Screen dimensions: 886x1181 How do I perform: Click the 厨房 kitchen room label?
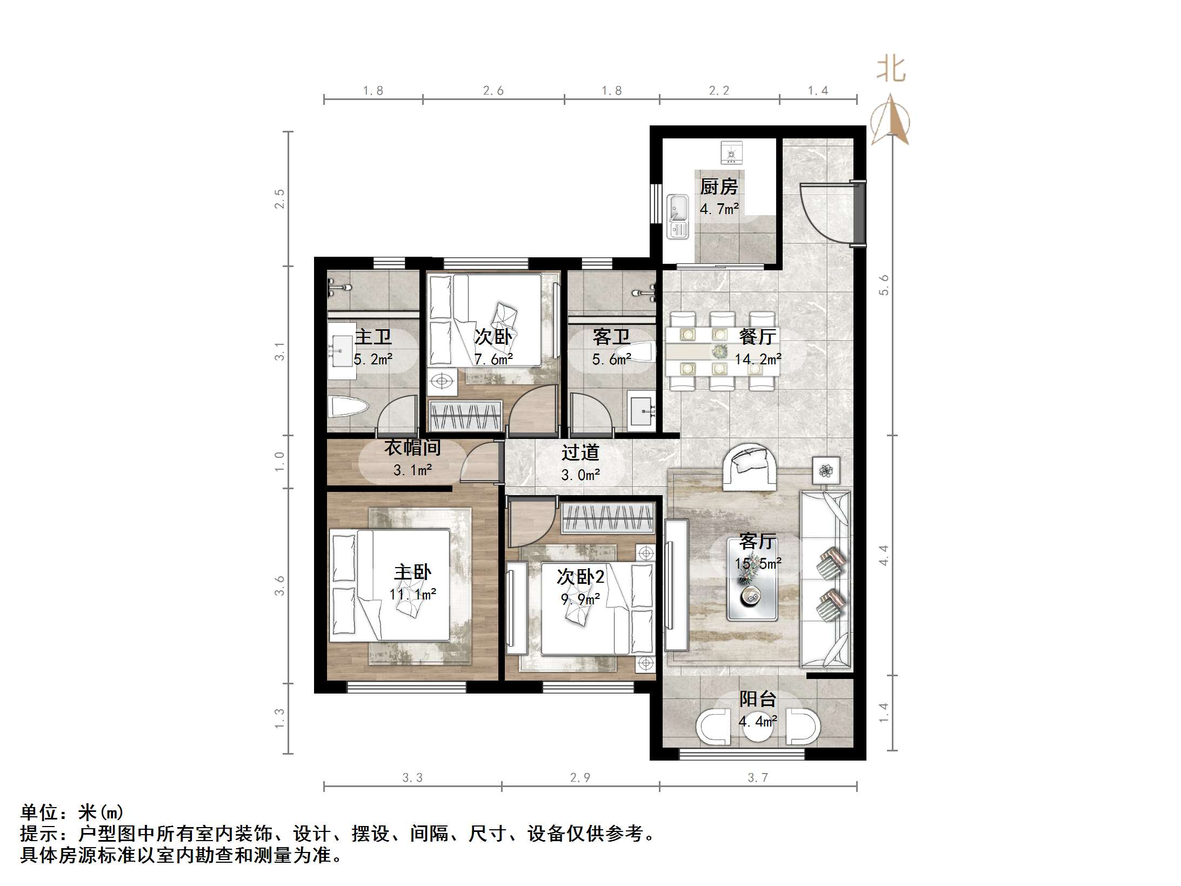718,187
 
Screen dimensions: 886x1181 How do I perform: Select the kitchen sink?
677,216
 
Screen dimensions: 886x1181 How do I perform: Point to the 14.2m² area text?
758,359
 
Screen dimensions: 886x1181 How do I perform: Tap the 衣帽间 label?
412,448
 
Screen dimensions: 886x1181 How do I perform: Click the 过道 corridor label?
580,452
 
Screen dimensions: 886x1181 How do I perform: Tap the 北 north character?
891,70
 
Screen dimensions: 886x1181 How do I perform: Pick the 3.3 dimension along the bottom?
412,777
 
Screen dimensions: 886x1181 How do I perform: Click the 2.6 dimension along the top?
493,91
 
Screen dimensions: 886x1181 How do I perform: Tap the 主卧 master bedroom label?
412,572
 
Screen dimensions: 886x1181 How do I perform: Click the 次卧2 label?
581,577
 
